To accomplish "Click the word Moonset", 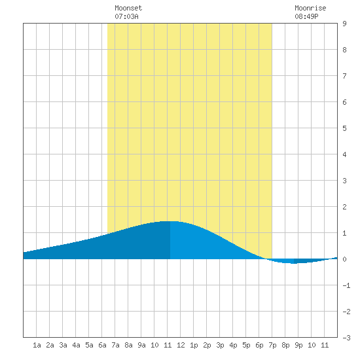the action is click(x=128, y=8).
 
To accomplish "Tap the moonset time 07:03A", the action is click(x=126, y=16).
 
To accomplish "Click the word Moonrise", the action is click(x=310, y=8).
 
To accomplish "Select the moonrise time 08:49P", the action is click(x=306, y=16).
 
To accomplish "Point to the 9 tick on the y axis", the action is click(x=344, y=24).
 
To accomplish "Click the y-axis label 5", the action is click(x=344, y=128).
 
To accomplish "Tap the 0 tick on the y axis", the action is click(x=344, y=259).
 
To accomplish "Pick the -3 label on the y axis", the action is click(x=346, y=338).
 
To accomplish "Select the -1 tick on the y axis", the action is click(x=346, y=285).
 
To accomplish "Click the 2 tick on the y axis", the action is click(x=344, y=207).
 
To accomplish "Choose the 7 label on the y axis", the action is click(x=344, y=76).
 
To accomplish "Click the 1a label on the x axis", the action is click(x=37, y=345).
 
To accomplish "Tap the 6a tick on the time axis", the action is click(x=102, y=345).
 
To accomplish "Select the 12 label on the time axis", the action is click(x=181, y=345).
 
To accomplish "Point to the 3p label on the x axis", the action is click(x=220, y=345).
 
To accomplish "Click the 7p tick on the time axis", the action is click(x=272, y=345).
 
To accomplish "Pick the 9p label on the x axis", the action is click(x=298, y=345).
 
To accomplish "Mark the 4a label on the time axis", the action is click(x=76, y=345).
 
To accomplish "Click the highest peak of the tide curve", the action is click(x=170, y=221).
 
